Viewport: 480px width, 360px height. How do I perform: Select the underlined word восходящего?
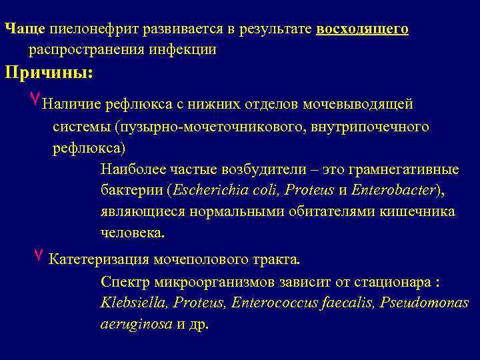click(363, 29)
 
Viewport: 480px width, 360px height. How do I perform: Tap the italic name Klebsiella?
click(133, 303)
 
